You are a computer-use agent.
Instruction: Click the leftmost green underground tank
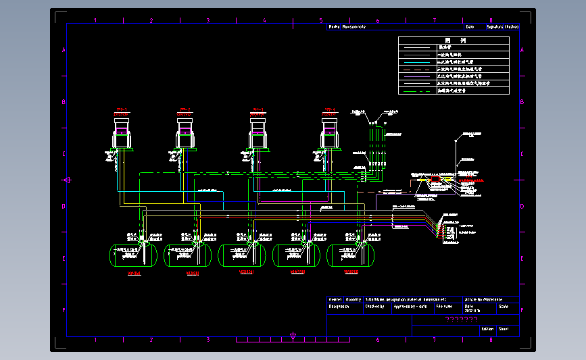(133, 255)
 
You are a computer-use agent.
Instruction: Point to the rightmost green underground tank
(349, 255)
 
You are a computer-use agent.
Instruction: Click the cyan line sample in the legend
(418, 61)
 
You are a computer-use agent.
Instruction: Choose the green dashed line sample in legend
(418, 69)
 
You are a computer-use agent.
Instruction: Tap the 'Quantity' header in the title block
(353, 299)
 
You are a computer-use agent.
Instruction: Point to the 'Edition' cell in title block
(487, 330)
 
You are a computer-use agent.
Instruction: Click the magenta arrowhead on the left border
(67, 180)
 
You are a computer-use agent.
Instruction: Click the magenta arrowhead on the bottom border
(293, 335)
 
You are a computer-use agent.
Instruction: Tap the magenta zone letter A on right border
(522, 51)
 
